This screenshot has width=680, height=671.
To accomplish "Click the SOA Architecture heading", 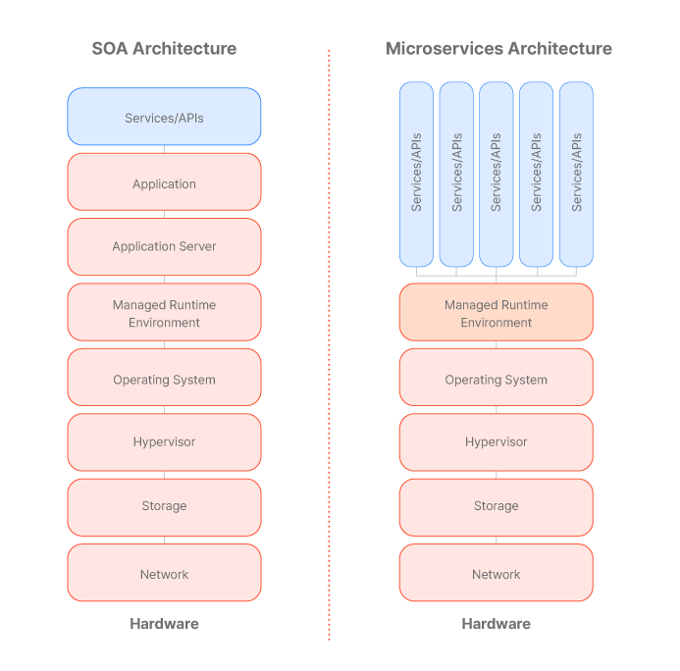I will point(164,48).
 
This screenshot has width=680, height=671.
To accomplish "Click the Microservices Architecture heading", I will point(497,48).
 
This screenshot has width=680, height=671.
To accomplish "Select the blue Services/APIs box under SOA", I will point(164,117).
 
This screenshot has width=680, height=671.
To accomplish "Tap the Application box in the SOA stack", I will point(164,182).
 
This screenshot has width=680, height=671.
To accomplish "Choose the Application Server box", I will point(164,246).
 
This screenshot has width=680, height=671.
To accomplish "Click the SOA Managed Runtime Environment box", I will point(164,313).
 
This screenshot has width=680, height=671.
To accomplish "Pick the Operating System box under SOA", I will point(164,379).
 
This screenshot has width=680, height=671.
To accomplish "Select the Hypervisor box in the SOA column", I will point(164,441).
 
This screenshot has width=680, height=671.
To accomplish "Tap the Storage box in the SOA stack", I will point(164,506).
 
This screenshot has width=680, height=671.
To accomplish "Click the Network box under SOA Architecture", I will point(164,573).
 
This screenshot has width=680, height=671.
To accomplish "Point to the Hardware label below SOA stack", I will point(164,623).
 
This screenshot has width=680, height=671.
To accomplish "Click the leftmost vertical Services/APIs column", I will point(416,174).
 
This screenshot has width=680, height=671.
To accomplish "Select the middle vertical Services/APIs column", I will point(496,174).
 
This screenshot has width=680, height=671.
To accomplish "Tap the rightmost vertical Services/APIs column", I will point(576,174).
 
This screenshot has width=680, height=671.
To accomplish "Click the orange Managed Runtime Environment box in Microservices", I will point(496,313).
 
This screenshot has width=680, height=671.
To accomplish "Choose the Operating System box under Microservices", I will point(496,379).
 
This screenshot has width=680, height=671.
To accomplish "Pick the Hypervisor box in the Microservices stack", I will point(496,441).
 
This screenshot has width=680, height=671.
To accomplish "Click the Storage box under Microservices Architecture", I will point(496,506).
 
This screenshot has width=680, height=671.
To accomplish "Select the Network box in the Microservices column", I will point(496,573).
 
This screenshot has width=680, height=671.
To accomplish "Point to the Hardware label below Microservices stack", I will point(496,623).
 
